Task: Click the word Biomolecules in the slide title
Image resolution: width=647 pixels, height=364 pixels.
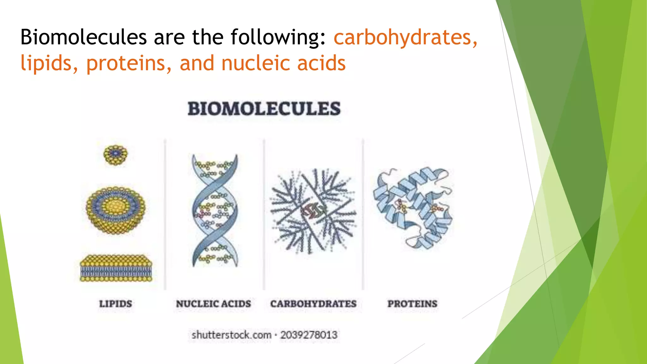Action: (83, 37)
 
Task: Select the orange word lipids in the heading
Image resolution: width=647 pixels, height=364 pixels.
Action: (49, 64)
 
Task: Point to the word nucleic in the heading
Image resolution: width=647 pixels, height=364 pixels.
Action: (256, 63)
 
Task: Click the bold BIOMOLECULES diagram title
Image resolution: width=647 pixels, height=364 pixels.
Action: (264, 109)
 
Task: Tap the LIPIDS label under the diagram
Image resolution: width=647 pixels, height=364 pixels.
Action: (116, 304)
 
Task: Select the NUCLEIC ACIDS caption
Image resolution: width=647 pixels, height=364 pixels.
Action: (214, 304)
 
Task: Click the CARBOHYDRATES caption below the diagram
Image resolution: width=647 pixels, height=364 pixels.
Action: (313, 304)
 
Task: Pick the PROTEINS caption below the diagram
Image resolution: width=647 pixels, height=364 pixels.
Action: (413, 304)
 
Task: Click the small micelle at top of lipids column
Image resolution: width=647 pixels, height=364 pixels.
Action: (116, 155)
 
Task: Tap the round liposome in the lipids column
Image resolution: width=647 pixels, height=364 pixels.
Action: (116, 210)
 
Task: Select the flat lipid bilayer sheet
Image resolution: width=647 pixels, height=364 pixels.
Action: (116, 268)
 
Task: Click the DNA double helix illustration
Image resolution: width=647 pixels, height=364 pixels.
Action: (215, 210)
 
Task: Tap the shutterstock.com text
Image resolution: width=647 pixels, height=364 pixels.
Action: (231, 335)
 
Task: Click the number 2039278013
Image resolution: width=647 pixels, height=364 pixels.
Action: (309, 335)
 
